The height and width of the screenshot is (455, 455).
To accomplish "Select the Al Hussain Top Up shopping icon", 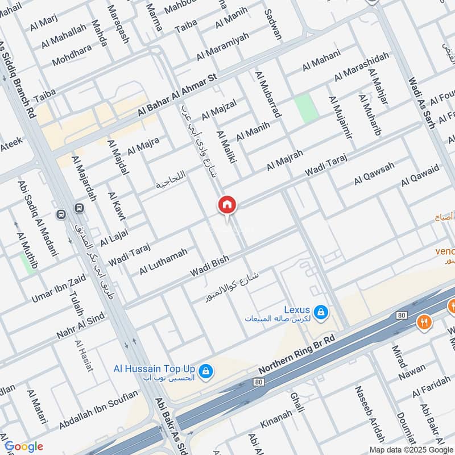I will pyautogui.click(x=206, y=371).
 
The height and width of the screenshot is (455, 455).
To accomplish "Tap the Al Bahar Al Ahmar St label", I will pyautogui.click(x=177, y=96).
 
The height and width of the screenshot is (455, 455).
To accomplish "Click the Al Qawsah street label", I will pyautogui.click(x=374, y=173).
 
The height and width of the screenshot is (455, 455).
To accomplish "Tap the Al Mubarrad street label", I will pyautogui.click(x=268, y=94).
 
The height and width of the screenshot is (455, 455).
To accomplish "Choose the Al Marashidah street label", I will pyautogui.click(x=362, y=65).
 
